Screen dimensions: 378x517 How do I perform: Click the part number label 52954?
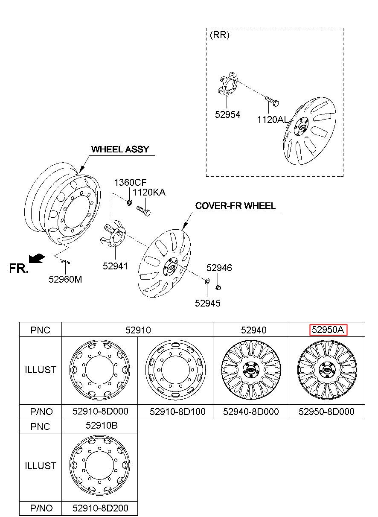(x=227, y=114)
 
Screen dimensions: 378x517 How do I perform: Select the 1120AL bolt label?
(x=273, y=120)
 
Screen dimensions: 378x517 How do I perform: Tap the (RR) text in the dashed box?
(x=220, y=35)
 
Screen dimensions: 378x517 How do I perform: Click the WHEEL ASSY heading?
(x=120, y=149)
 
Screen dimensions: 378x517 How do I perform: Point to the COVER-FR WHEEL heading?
(x=235, y=206)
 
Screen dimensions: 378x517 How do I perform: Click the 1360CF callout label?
(x=130, y=182)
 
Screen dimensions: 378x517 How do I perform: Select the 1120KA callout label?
(x=149, y=192)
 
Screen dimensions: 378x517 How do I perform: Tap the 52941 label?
(x=115, y=266)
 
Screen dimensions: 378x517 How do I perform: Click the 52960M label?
(x=65, y=279)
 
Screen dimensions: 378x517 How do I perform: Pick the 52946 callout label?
(x=219, y=268)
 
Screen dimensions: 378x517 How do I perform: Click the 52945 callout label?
(x=208, y=303)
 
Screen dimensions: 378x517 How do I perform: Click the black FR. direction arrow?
(x=37, y=258)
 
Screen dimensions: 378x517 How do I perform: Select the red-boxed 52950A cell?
(x=328, y=330)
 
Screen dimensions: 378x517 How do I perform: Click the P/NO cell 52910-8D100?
(x=177, y=412)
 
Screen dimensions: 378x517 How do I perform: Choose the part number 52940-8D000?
(x=251, y=412)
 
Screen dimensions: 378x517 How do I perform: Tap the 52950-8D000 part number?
(x=326, y=412)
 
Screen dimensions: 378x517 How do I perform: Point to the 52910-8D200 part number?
(x=100, y=508)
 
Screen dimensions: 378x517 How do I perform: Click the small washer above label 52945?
(x=207, y=281)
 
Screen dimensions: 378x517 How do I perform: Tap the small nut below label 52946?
(x=218, y=287)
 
